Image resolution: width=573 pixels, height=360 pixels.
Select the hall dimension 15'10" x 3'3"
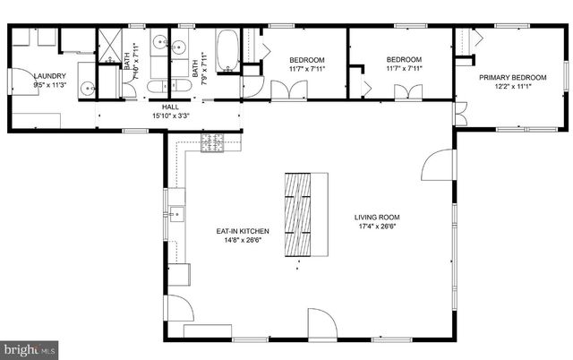pyautogui.click(x=171, y=115)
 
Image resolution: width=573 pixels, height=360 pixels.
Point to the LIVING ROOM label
pyautogui.click(x=376, y=217)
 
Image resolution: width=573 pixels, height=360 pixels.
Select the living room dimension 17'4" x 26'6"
pyautogui.click(x=376, y=226)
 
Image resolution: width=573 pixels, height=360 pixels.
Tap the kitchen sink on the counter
pyautogui.click(x=175, y=214)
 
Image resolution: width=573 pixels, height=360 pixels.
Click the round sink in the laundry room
pyautogui.click(x=87, y=88)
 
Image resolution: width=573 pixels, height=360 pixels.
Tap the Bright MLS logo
pyautogui.click(x=28, y=347)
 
